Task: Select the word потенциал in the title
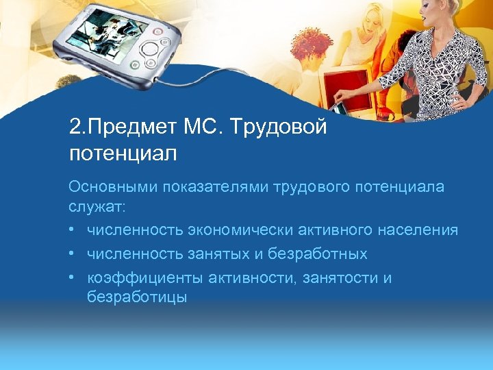123,153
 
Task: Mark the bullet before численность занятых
73,254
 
